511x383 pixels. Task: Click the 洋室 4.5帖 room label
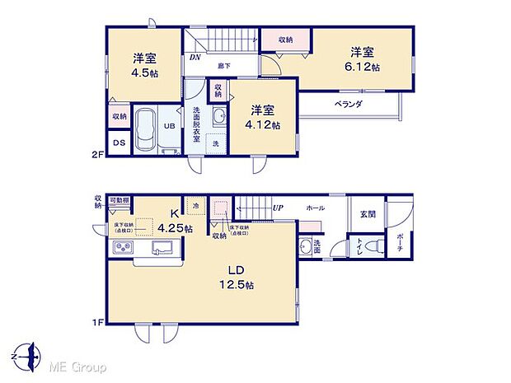[x=145, y=65]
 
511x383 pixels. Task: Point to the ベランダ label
[x=349, y=105]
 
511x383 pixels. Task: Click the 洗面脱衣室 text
[x=197, y=124]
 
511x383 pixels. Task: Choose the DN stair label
[x=195, y=58]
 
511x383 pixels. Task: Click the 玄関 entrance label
[x=367, y=214]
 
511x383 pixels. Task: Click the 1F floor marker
[x=97, y=323]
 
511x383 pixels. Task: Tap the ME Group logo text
[x=77, y=365]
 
